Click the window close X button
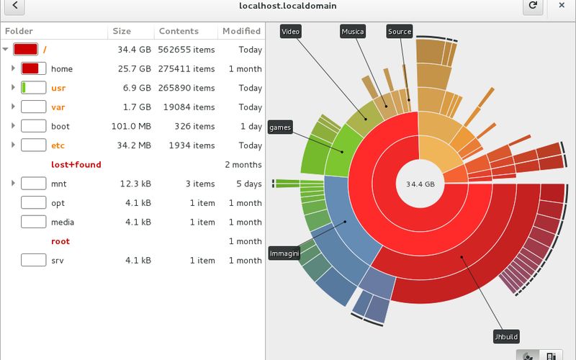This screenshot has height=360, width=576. (x=561, y=6)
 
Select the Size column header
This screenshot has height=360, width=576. (x=122, y=31)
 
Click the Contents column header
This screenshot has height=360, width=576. (x=179, y=31)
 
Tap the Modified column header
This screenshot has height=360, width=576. (x=241, y=31)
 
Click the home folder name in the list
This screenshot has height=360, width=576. (x=62, y=69)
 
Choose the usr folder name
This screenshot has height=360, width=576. (x=58, y=88)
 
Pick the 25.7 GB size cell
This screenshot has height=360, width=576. (x=134, y=69)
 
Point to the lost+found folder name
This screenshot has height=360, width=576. (x=76, y=165)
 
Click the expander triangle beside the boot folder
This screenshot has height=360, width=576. (x=14, y=126)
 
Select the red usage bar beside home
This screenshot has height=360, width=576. (x=30, y=69)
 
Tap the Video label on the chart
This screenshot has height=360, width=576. (x=290, y=32)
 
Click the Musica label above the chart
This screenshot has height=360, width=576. (x=353, y=32)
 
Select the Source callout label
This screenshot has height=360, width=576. (x=400, y=32)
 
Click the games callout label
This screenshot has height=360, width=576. (x=279, y=127)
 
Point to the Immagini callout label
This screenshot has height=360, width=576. (x=284, y=253)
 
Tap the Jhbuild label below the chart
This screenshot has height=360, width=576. (x=506, y=336)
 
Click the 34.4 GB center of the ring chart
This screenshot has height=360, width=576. (x=420, y=184)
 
